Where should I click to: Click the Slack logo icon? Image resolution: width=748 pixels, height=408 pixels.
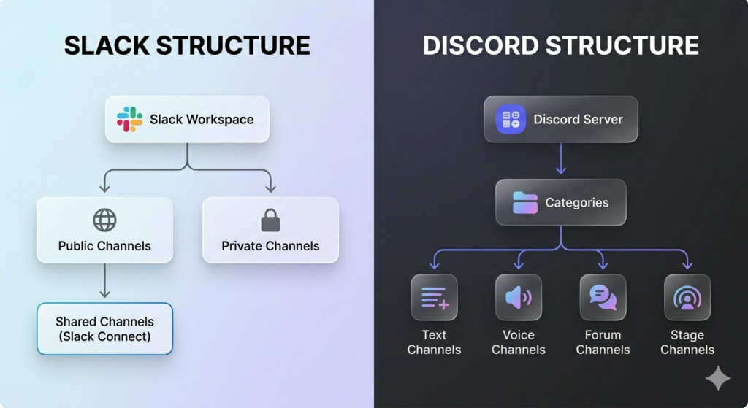pos(129,119)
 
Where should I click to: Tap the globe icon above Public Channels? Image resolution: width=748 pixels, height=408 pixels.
pos(104,220)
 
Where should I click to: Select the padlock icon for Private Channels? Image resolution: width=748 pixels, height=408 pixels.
pos(270,220)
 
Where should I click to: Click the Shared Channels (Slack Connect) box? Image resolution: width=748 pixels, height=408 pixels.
pos(104,328)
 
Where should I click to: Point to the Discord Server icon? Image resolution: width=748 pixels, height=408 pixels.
pos(511,119)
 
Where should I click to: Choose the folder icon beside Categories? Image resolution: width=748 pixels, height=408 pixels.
pos(525,202)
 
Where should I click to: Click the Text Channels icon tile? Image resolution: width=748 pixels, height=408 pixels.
pos(434,297)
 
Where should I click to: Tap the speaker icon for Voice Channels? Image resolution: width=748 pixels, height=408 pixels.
pos(519,297)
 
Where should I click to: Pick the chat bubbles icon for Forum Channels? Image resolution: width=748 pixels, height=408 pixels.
pos(603,297)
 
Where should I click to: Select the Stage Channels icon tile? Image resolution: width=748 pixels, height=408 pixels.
pos(687,297)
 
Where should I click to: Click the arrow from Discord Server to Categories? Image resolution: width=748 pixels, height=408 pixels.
pos(561,159)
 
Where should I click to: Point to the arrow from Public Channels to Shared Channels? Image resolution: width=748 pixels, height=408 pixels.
pos(104,281)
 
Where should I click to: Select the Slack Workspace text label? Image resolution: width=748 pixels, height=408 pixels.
pos(202,119)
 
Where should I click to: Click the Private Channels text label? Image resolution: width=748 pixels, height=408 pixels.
pos(270,246)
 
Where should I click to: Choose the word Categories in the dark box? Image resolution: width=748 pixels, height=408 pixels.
pos(576,202)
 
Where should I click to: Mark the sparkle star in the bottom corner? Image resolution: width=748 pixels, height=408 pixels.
pos(717,378)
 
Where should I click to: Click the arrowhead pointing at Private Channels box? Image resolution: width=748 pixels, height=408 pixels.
pos(270,188)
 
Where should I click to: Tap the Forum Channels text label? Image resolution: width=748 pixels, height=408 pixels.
pos(603,342)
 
